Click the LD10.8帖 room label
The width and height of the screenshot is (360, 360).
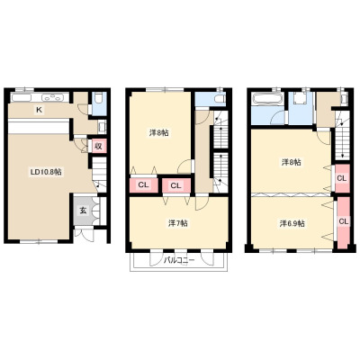47,172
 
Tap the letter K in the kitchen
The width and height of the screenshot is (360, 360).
39,111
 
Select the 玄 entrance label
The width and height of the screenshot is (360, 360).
83,211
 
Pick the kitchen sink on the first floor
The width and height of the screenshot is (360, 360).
21,97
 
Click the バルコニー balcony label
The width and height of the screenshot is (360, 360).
179,260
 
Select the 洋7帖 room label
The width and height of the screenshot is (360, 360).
178,223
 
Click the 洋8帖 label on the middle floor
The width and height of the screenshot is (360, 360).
158,132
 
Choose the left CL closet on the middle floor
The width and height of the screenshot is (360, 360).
143,185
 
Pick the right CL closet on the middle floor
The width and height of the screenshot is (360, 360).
176,185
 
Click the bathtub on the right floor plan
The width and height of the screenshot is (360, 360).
267,98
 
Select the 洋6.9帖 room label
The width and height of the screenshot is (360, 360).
292,223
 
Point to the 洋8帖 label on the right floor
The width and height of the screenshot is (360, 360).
292,162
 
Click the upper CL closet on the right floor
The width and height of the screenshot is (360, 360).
342,178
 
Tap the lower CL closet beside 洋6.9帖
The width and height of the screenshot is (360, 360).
344,222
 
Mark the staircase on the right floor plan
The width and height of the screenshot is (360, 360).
343,135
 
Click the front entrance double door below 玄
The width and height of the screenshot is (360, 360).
84,234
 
